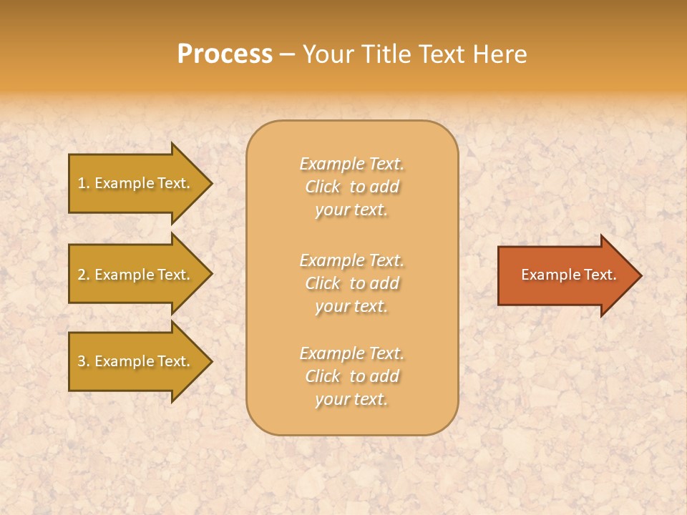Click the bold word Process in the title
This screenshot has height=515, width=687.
pos(225,54)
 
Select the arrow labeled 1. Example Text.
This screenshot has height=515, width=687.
pos(136,183)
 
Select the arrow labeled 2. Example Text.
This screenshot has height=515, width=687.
pos(136,275)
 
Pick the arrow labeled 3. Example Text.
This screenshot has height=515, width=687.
pos(136,361)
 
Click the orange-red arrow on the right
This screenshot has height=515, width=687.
pos(565,275)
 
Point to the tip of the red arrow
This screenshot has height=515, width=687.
pos(639,275)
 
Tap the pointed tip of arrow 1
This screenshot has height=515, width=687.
pos(210,183)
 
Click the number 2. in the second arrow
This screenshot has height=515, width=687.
pos(83,275)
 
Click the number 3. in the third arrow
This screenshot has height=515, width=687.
pos(83,361)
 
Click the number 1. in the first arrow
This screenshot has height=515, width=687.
pos(83,183)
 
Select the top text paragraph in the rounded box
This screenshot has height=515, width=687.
pos(351,187)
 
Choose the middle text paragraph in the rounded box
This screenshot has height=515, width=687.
pos(351,283)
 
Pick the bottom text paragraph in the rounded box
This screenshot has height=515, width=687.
pos(351,376)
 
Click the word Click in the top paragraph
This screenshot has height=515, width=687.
pos(323,187)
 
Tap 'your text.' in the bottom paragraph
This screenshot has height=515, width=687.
pos(351,399)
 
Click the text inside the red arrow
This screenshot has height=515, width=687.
pos(568,275)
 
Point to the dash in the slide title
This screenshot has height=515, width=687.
pos(287,55)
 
